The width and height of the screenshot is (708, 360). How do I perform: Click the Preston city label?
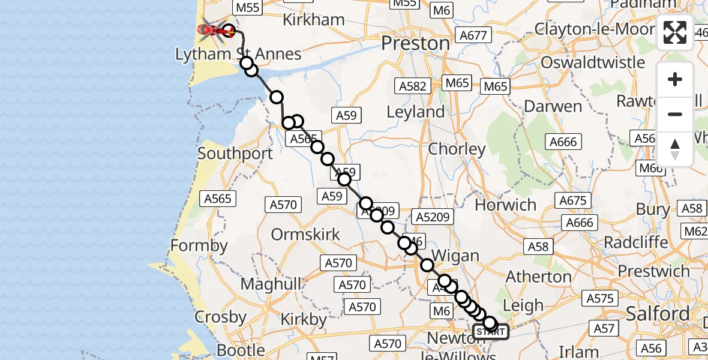click(x=416, y=43)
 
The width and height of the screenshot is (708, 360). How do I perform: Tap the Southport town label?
click(x=235, y=153)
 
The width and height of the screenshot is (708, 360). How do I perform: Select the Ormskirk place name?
click(x=305, y=234)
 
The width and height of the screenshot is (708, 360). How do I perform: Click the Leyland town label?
click(x=416, y=112)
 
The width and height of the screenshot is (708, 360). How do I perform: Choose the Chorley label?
click(x=457, y=149)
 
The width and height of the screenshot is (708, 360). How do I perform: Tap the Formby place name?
click(x=199, y=245)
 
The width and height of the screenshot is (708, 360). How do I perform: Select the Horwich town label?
click(x=506, y=205)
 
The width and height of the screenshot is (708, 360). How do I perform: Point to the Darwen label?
click(x=553, y=107)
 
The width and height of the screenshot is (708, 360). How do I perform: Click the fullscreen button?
click(x=675, y=32)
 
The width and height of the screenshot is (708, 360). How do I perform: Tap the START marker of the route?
click(x=491, y=332)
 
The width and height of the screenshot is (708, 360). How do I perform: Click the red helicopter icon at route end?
click(x=211, y=29)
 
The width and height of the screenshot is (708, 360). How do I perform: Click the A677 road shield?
click(x=472, y=36)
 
